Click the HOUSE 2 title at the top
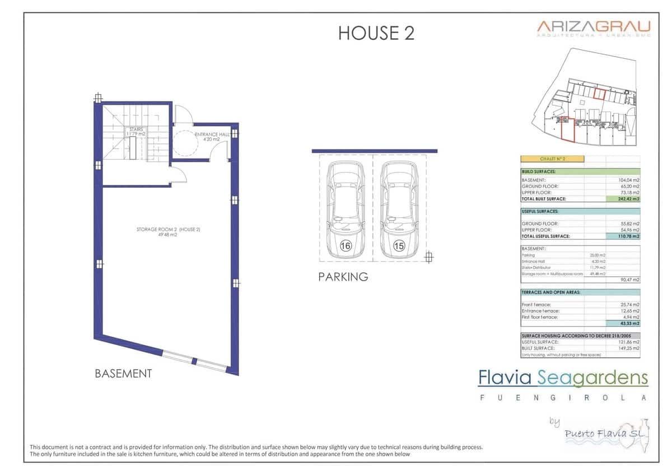pyautogui.click(x=376, y=33)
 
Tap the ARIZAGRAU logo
pyautogui.click(x=594, y=27)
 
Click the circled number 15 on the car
pyautogui.click(x=399, y=245)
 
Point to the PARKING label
pyautogui.click(x=343, y=277)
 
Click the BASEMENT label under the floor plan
pyautogui.click(x=123, y=374)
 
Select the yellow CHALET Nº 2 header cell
pyautogui.click(x=552, y=159)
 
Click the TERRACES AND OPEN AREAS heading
pyautogui.click(x=551, y=292)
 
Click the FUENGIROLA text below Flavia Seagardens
pyautogui.click(x=563, y=398)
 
